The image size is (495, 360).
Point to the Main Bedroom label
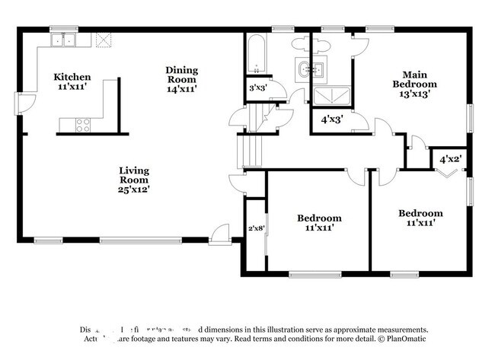click(x=414, y=78)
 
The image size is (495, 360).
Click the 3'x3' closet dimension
click(x=258, y=89)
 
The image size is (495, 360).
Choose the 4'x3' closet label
click(x=331, y=119)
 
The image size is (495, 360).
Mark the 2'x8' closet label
click(x=256, y=228)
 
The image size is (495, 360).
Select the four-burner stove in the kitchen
click(x=82, y=126)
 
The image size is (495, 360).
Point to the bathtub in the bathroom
click(x=255, y=53)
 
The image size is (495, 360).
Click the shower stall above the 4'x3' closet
click(x=331, y=96)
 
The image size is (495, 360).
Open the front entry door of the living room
click(x=221, y=233)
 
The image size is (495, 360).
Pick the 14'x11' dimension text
click(x=181, y=89)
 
